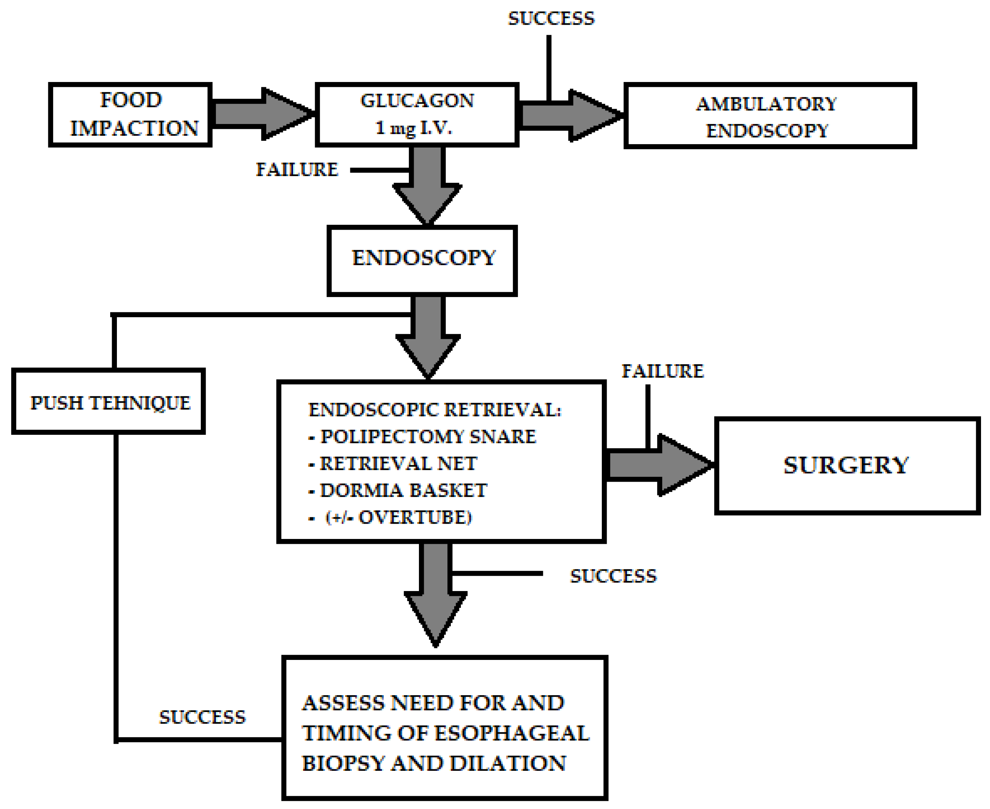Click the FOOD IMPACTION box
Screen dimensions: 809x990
click(130, 115)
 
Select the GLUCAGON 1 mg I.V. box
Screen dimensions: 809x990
click(417, 115)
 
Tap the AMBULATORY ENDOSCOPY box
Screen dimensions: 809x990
click(769, 116)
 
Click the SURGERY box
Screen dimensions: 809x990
click(846, 466)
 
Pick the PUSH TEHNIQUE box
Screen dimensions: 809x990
click(109, 402)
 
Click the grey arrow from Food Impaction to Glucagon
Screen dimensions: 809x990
click(261, 114)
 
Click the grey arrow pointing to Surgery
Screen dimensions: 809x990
click(660, 465)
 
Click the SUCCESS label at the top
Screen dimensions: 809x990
click(551, 19)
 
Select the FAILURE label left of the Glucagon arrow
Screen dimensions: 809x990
click(297, 170)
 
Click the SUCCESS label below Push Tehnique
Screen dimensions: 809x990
click(202, 717)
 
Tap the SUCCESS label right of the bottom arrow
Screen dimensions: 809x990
click(613, 576)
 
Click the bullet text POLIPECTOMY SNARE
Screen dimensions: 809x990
click(428, 437)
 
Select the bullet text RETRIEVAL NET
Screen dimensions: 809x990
click(398, 464)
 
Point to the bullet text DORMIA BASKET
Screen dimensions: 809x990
click(403, 490)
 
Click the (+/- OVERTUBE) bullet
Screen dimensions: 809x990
click(398, 517)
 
